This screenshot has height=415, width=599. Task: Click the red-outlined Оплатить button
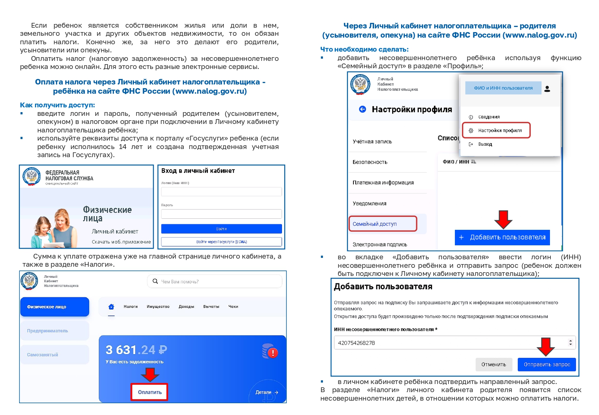point(149,392)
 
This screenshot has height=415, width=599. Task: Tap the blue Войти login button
point(221,229)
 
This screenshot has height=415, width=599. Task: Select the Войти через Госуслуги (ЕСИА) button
point(221,242)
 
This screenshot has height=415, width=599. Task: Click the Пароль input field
point(221,214)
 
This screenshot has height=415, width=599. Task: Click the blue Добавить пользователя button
point(502,237)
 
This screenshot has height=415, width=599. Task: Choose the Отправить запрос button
point(547,364)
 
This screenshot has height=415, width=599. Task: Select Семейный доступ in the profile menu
point(375,224)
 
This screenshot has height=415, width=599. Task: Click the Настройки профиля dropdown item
point(499,130)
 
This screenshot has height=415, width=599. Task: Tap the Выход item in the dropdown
point(485,144)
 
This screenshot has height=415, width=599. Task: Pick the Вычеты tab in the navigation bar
point(211,307)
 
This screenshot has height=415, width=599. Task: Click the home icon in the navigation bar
point(111,307)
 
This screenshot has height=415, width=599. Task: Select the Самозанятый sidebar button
point(55,355)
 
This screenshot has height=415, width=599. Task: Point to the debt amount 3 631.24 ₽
point(136,350)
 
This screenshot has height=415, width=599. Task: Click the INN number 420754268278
point(356,343)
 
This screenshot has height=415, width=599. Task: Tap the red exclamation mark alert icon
point(273,353)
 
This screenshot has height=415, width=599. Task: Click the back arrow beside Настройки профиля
point(362,109)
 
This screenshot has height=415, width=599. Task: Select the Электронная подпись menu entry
point(380,245)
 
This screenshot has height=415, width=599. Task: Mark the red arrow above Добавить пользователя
point(503,219)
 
